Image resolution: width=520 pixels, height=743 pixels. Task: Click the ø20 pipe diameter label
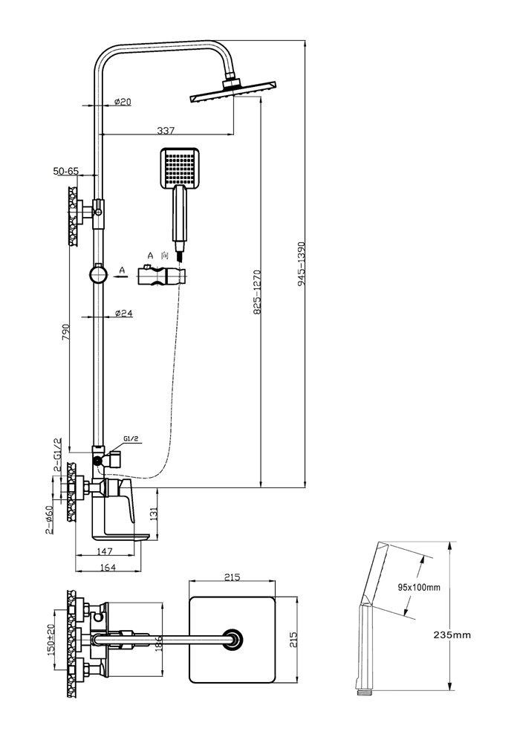123,101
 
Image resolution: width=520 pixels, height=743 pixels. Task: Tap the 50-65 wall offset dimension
66,171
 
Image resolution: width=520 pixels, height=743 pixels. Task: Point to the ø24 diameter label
123,313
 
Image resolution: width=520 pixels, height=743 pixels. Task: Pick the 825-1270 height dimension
258,292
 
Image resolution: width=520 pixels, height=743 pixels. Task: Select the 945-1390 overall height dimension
301,264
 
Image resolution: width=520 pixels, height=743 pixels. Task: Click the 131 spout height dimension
153,513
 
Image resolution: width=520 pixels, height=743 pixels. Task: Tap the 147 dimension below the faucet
104,551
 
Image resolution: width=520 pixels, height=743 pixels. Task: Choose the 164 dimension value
108,567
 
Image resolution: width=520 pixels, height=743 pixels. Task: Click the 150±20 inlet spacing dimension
51,640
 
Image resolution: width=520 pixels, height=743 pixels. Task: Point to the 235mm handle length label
452,635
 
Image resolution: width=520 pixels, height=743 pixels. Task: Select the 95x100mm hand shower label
419,588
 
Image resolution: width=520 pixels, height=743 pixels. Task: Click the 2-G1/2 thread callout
57,455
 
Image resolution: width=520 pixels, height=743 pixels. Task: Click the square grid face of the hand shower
180,166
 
